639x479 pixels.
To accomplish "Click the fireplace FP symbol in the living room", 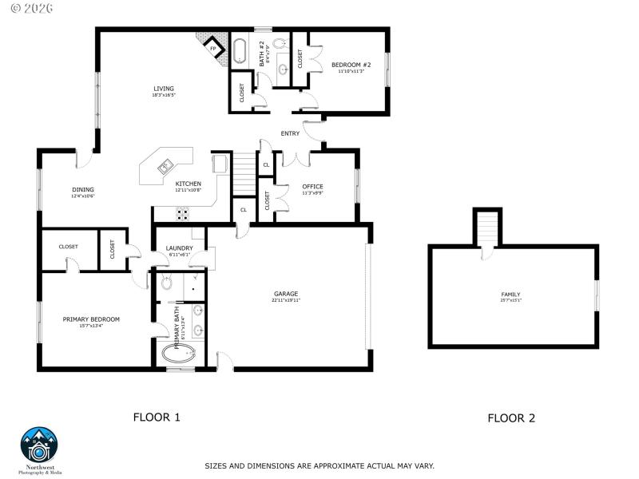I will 213,48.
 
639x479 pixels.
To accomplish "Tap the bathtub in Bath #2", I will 240,49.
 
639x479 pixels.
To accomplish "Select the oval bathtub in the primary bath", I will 178,354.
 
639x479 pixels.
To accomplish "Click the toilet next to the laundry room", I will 167,282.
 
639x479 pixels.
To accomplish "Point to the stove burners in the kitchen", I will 182,213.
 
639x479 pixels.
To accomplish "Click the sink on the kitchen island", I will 165,167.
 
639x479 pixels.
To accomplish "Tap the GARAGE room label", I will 286,294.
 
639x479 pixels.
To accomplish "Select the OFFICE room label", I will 312,187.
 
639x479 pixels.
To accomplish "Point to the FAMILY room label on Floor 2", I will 510,295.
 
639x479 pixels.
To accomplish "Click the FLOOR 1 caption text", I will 157,417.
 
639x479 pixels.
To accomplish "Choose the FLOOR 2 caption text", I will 511,418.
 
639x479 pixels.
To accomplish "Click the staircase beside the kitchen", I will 243,175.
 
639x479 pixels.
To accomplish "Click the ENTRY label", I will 290,133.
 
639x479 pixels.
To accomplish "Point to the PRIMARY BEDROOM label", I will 91,319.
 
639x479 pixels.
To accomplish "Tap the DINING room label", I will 83,189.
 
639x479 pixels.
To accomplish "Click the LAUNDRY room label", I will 179,248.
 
